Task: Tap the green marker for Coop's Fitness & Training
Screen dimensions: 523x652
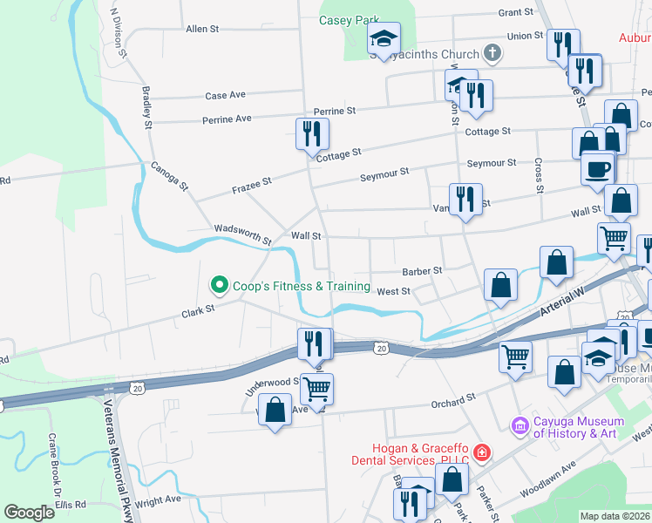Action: click(x=219, y=285)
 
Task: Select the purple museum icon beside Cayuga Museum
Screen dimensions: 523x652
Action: click(x=520, y=425)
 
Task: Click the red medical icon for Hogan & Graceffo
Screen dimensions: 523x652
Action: click(x=480, y=454)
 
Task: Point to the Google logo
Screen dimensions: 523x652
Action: click(x=30, y=513)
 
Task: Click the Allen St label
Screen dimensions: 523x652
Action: click(x=202, y=29)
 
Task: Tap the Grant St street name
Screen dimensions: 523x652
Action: click(x=515, y=12)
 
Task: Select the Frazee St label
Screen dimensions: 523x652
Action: click(x=252, y=183)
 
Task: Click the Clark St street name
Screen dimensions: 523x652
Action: click(x=198, y=310)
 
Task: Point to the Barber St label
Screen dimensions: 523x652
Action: click(x=422, y=271)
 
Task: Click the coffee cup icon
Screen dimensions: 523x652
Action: click(x=598, y=167)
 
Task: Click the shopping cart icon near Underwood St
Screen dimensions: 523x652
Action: click(x=318, y=388)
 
